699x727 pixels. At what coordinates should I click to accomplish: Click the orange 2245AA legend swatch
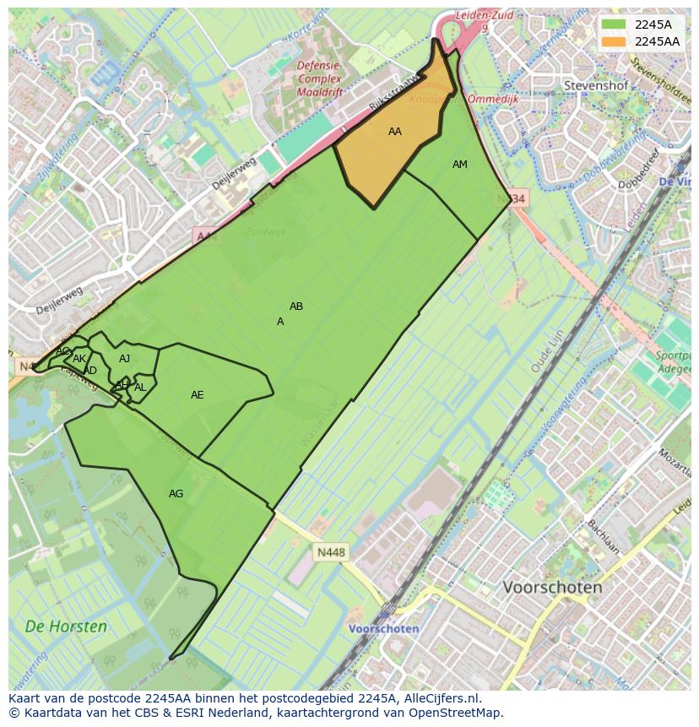(x=614, y=42)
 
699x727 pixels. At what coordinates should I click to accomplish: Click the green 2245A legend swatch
(x=614, y=24)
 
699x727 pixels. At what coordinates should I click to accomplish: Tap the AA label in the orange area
(x=395, y=132)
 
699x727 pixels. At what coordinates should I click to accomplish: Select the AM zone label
(x=459, y=165)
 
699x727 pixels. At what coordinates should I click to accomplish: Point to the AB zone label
(x=296, y=307)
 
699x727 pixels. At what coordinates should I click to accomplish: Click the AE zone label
(x=198, y=395)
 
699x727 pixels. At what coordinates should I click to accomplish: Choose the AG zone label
(x=176, y=494)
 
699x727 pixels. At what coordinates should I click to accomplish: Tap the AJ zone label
(x=125, y=359)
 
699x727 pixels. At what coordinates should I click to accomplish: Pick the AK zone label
(x=79, y=360)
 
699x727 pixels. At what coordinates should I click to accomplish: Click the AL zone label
(x=140, y=388)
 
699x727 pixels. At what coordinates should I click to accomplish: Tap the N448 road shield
(x=331, y=552)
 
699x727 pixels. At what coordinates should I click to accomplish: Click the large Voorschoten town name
(x=552, y=587)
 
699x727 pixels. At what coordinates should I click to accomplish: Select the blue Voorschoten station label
(x=384, y=629)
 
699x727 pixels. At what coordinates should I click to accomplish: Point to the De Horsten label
(x=66, y=627)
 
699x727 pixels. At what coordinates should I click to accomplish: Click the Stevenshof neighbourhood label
(x=594, y=85)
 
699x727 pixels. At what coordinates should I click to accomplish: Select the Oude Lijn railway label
(x=546, y=352)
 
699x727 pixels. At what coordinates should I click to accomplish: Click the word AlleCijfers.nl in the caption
(x=440, y=699)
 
